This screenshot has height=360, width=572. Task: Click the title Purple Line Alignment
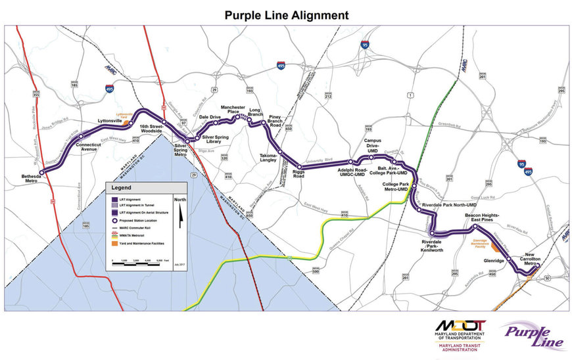tap(286, 14)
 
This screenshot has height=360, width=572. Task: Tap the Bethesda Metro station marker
tap(42, 173)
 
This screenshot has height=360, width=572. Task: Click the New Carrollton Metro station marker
tap(537, 275)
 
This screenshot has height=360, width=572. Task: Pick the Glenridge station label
tap(493, 260)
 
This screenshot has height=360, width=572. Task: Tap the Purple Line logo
tap(533, 335)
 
